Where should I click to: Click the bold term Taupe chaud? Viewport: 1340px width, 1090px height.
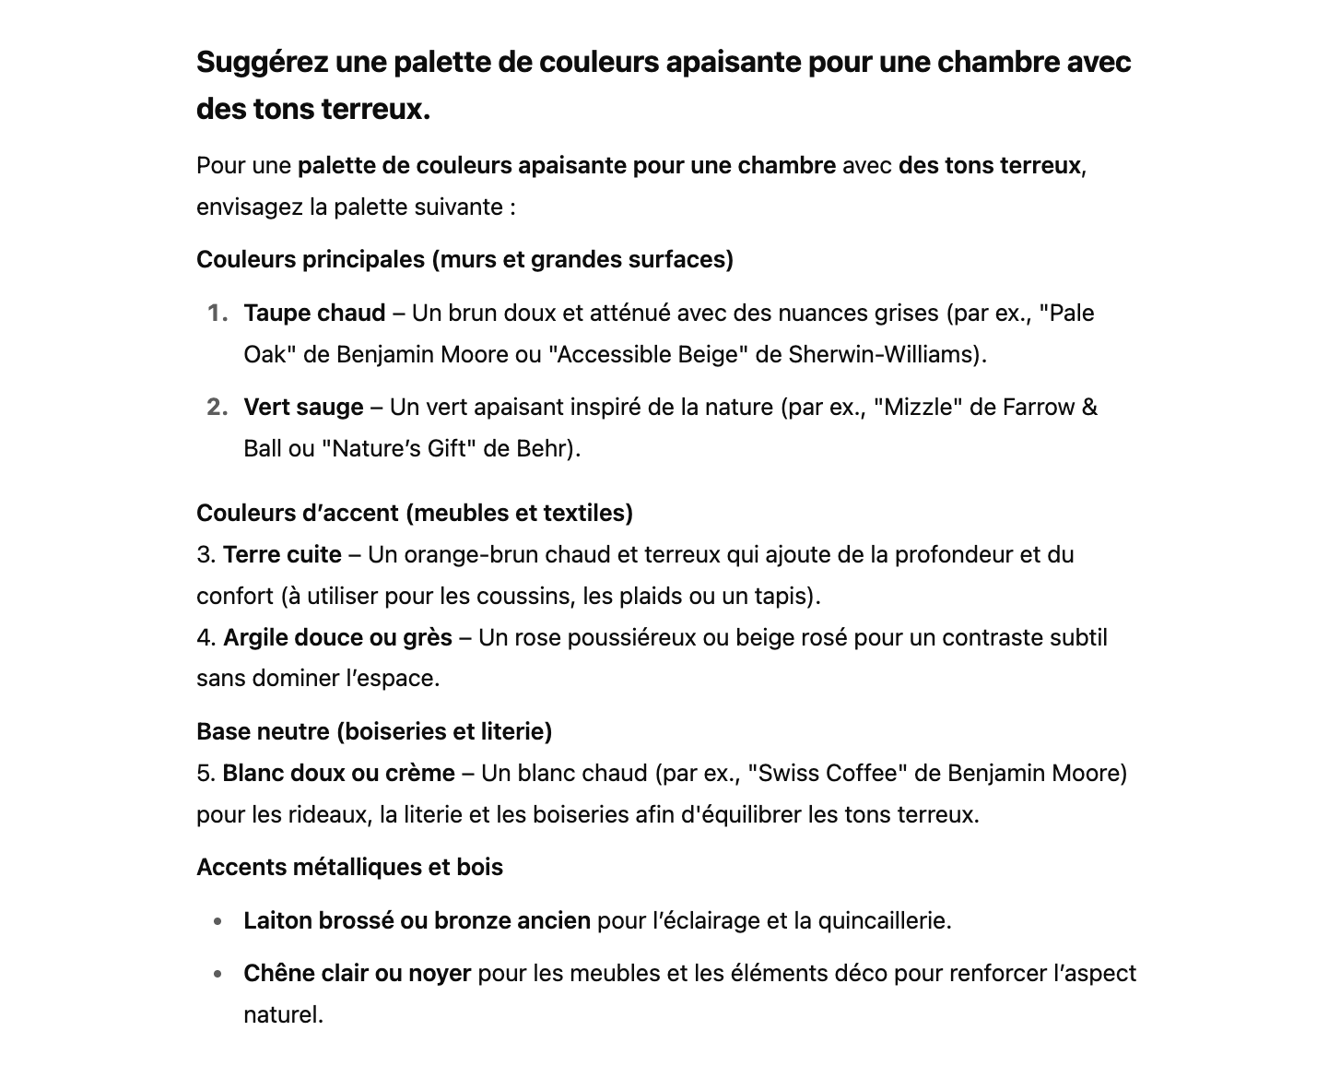314,314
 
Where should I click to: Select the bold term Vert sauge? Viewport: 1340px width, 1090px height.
303,408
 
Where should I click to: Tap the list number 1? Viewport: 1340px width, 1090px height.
217,314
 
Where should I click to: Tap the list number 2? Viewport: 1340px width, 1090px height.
217,408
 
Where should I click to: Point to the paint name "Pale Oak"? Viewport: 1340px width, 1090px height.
1066,314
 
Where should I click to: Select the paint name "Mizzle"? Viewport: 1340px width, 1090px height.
918,408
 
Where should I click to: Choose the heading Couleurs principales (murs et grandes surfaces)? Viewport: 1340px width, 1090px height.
464,260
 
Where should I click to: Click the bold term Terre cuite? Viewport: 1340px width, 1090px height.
282,555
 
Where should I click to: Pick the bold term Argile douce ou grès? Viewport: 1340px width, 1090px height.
337,638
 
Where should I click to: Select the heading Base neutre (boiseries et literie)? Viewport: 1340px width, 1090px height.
374,732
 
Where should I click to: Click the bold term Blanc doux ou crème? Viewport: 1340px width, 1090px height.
338,774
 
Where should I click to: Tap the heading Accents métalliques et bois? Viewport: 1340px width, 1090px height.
349,868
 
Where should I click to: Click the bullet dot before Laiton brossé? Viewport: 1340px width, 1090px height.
217,921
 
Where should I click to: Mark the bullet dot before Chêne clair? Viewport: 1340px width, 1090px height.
217,974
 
